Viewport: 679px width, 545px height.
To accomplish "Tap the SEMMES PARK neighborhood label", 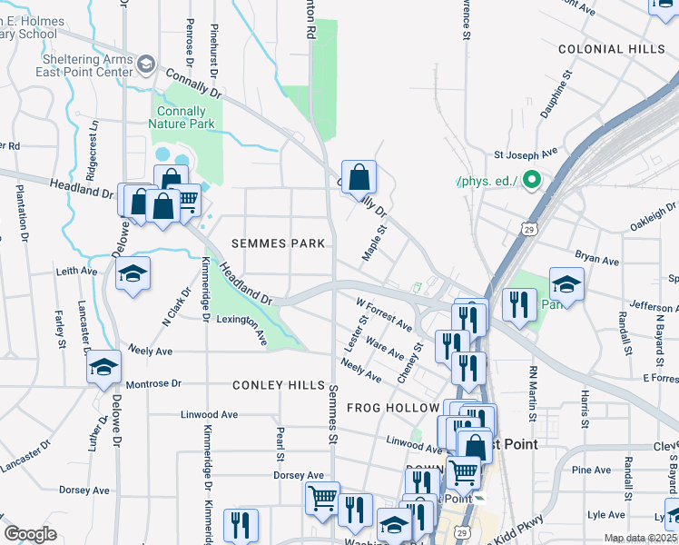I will [271, 243].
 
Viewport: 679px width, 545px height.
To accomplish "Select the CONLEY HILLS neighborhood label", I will [279, 385].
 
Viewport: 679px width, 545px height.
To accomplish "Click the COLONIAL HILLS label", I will [612, 49].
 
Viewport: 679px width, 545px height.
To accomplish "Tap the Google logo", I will [30, 534].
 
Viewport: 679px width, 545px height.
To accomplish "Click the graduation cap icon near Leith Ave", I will [133, 275].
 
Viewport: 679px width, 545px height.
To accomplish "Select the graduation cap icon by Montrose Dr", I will [104, 368].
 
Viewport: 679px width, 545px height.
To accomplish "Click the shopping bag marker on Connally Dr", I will [359, 177].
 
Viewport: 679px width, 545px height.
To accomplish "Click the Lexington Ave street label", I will [243, 327].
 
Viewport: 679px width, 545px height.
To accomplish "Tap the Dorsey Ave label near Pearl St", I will [299, 475].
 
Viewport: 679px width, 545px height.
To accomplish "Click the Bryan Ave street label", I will [597, 260].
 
